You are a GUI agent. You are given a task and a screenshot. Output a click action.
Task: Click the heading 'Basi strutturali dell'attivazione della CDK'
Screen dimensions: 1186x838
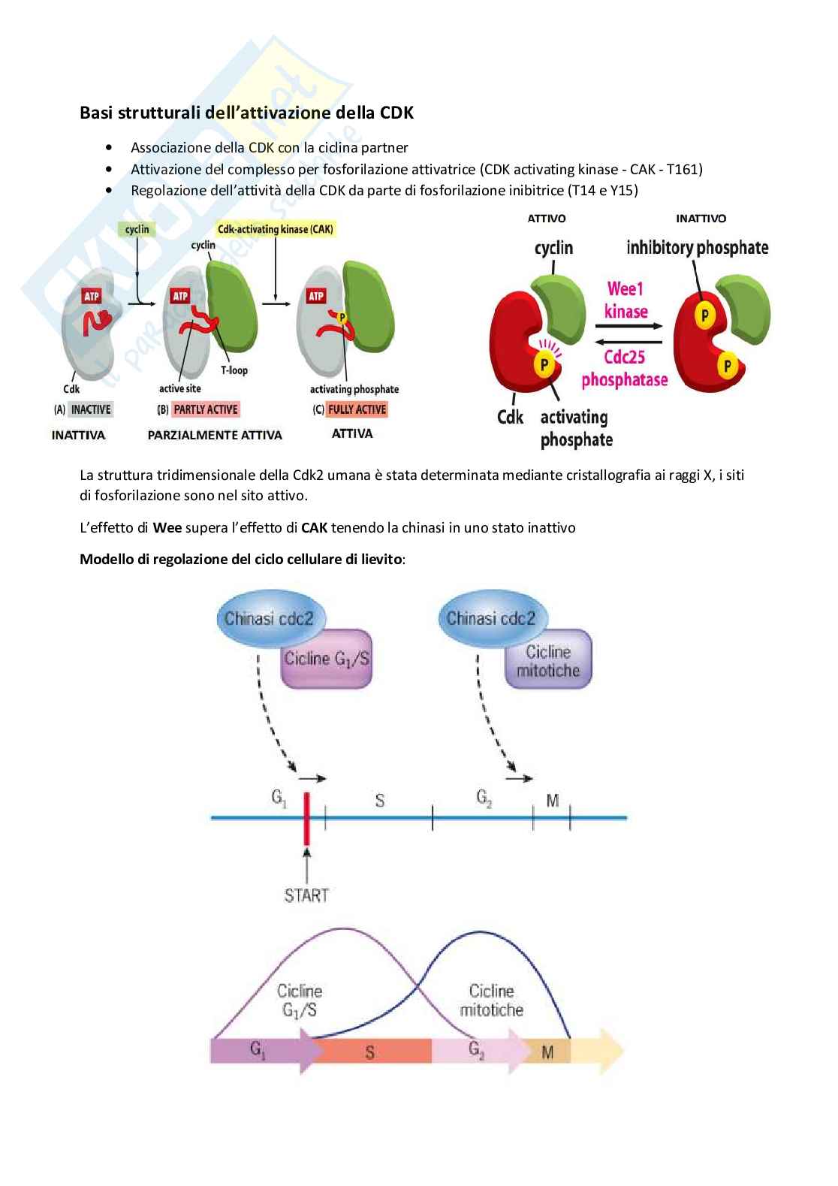[246, 113]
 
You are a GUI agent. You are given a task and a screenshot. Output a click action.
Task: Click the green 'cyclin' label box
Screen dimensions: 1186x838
[137, 229]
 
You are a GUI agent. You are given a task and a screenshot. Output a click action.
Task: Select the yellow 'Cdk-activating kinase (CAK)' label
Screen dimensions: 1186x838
[276, 229]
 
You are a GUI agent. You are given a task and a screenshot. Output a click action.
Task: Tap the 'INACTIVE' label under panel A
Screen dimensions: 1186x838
[91, 409]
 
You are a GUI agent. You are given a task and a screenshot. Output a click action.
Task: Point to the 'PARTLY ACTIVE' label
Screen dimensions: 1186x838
[206, 409]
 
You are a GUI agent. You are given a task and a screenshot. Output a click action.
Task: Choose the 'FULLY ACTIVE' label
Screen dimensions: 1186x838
[357, 409]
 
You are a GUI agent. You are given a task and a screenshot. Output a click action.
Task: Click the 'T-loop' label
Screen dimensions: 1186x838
[234, 370]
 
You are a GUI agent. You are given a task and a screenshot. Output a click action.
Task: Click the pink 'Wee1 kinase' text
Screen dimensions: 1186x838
[626, 300]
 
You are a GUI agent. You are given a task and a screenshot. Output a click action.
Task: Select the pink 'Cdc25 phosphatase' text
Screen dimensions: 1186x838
[625, 368]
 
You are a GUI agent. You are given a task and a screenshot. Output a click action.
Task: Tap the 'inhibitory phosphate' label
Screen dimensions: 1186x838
[697, 248]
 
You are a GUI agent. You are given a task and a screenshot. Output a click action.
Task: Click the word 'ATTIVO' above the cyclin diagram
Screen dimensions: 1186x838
[547, 219]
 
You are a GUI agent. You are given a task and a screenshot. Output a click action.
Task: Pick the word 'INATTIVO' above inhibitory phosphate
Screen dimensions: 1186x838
[701, 219]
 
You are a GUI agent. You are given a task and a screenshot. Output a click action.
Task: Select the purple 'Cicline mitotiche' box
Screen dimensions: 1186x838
[548, 661]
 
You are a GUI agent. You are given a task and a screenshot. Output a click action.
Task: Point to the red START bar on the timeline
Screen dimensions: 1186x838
[306, 818]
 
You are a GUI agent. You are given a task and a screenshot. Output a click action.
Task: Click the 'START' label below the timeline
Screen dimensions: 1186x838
[306, 895]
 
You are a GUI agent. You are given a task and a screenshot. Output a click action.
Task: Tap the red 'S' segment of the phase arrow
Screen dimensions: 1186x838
[370, 1052]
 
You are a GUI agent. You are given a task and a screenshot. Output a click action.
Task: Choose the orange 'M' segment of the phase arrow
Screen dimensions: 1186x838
[547, 1052]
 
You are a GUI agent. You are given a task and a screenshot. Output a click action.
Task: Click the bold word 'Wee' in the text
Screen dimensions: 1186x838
[167, 528]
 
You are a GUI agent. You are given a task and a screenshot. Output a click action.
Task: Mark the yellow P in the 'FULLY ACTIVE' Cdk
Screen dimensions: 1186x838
[342, 318]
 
